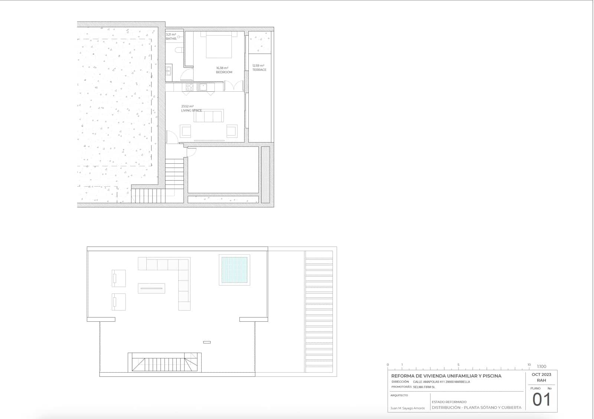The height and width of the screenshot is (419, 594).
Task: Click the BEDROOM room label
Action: (224, 72)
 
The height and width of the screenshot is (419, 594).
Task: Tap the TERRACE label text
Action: (259, 70)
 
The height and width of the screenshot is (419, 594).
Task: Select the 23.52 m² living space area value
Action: (187, 106)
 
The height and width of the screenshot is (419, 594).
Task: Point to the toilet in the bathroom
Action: (179, 49)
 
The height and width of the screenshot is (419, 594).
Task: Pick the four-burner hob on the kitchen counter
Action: (189, 87)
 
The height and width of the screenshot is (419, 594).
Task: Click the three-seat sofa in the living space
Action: (209, 116)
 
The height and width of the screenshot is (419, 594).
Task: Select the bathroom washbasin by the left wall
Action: (169, 70)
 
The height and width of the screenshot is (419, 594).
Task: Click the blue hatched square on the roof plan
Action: (234, 270)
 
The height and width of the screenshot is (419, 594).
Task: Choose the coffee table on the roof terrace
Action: (151, 288)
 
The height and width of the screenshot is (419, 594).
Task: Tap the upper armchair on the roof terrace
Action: (118, 278)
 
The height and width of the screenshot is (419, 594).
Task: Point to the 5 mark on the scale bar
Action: (458, 365)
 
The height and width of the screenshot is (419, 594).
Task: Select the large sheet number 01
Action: (541, 400)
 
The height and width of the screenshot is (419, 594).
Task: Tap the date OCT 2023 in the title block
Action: (541, 374)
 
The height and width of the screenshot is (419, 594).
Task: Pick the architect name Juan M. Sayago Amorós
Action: (407, 408)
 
